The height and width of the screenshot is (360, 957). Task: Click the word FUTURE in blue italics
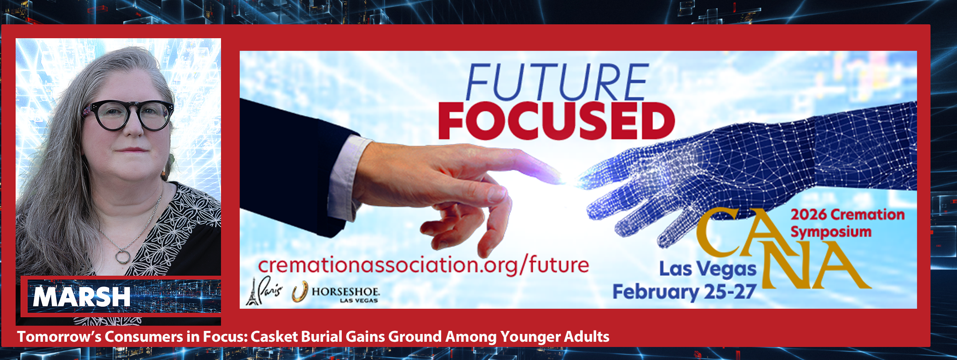(x=557, y=82)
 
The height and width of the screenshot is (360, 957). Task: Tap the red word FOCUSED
(x=556, y=121)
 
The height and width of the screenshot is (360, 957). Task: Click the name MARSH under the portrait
(x=82, y=297)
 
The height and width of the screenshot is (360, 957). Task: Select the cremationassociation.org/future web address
(x=423, y=265)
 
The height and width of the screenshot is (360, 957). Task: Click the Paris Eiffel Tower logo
(x=264, y=291)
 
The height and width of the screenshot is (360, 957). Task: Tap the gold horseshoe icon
(x=300, y=291)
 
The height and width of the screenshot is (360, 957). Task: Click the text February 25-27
(x=684, y=292)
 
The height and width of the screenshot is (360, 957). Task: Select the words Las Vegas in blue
(x=708, y=270)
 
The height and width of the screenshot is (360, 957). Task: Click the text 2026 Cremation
(x=848, y=215)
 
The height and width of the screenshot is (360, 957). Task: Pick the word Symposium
(x=831, y=232)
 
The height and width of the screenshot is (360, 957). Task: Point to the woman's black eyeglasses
(x=128, y=115)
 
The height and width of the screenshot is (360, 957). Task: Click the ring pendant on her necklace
(x=122, y=257)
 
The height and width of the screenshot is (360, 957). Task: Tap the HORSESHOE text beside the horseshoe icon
(x=346, y=291)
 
